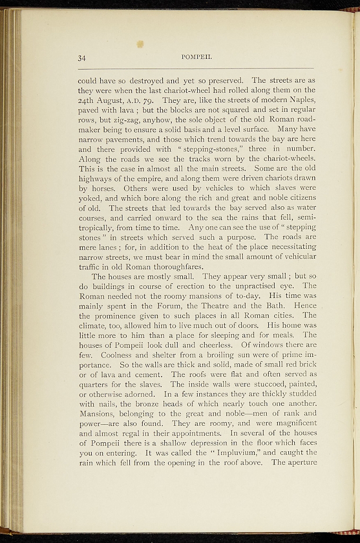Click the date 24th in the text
(x=87, y=100)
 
